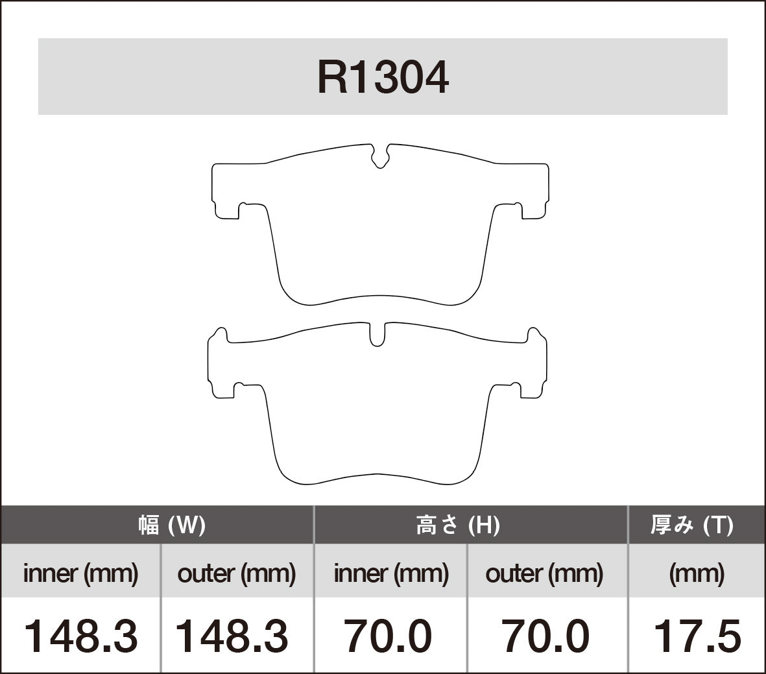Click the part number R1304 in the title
point(383,78)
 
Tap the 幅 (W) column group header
point(172,524)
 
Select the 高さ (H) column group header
point(457,524)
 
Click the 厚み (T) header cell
point(691,524)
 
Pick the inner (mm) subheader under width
point(80,573)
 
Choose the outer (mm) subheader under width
point(237,573)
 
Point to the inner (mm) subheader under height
point(391,573)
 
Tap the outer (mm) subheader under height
point(544,573)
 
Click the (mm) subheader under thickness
point(697,573)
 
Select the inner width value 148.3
point(80,636)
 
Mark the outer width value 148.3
point(232,636)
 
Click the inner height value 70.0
point(388,636)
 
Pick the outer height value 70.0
point(544,636)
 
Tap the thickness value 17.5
point(697,636)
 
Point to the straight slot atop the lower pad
point(377,333)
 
